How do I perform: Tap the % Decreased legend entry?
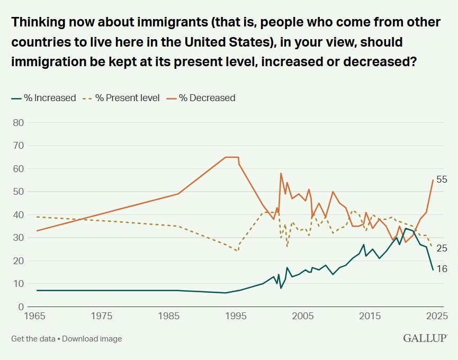202,98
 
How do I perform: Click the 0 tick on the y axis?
21,307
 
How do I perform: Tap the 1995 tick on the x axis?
236,317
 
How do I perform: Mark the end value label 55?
442,179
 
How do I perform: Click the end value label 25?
442,248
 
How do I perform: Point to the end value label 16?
442,269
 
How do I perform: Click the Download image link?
92,339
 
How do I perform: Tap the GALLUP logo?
425,338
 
